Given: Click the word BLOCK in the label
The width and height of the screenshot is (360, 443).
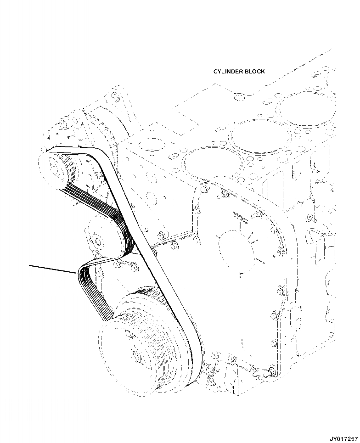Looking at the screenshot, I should click(254, 72).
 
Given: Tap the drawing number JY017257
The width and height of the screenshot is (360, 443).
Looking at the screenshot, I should click(342, 438).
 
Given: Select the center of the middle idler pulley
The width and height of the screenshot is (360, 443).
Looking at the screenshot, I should click(98, 241).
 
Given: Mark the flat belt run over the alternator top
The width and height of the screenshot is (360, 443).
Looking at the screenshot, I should click(73, 150).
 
